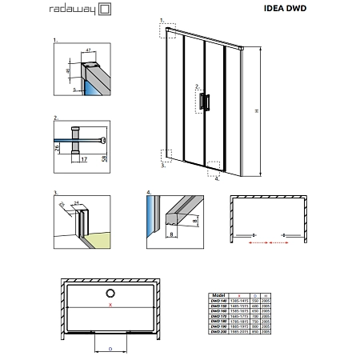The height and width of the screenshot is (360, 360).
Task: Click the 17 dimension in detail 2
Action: tap(83, 159)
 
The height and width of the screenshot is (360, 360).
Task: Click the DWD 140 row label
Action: tap(226, 301)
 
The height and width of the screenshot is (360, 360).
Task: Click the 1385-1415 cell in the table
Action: tap(248, 301)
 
